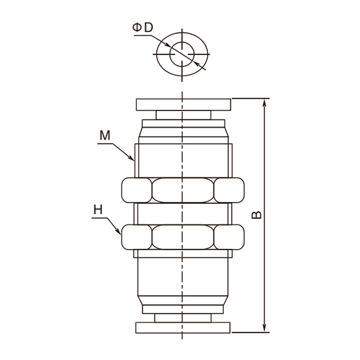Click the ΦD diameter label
tap(143, 28)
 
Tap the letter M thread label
tap(105, 135)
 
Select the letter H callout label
tap(98, 209)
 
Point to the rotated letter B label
tap(256, 215)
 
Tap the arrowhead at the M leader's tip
tap(131, 158)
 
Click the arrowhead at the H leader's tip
tap(118, 232)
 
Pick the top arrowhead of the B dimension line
tap(264, 103)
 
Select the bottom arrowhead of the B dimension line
tap(264, 328)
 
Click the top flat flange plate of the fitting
tap(184, 104)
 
